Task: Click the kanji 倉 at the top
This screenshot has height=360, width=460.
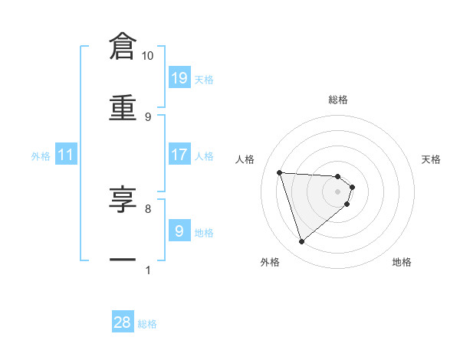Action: tap(123, 47)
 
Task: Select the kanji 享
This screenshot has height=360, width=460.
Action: tap(123, 199)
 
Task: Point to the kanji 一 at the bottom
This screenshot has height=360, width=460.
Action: tap(123, 260)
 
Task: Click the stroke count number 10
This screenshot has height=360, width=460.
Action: tap(147, 56)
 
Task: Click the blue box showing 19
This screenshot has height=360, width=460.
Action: tap(179, 77)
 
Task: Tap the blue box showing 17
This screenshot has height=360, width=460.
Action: tap(179, 154)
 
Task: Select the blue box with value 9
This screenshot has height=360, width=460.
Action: tap(179, 231)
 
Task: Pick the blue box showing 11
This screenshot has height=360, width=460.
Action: tap(66, 155)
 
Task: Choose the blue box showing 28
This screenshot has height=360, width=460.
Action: tap(123, 322)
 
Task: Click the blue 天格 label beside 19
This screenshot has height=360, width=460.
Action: tap(204, 80)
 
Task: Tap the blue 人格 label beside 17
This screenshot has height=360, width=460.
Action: tap(204, 156)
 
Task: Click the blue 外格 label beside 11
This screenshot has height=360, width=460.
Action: tap(41, 156)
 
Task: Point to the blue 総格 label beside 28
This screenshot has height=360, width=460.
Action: tap(147, 325)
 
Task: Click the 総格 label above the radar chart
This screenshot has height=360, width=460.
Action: tap(338, 100)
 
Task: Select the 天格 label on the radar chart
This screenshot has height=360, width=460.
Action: tap(432, 159)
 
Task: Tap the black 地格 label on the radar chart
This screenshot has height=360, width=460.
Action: tap(402, 262)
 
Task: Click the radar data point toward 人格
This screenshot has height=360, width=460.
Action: tap(280, 172)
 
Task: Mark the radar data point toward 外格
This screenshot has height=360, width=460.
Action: tap(302, 242)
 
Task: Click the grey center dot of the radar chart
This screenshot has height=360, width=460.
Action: tap(338, 191)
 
